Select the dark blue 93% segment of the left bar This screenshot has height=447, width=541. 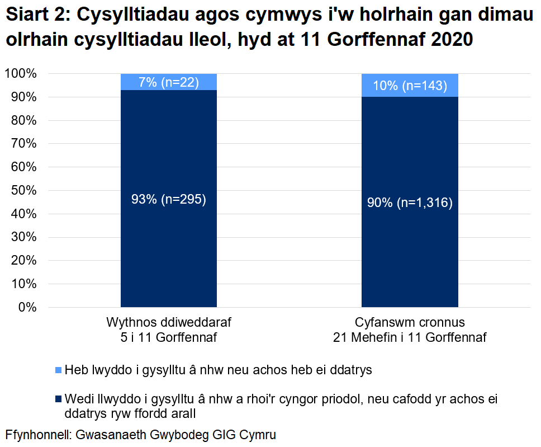point(169,252)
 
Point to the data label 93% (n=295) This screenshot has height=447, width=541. point(169,200)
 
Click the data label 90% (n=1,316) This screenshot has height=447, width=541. point(410,203)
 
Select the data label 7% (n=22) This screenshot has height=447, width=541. point(169,83)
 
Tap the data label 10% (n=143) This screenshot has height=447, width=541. point(410,86)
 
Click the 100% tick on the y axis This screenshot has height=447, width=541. point(21,74)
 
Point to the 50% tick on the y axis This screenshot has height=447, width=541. point(23,191)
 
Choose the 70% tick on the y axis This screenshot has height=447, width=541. point(23,144)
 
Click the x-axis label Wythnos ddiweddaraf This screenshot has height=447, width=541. point(169,323)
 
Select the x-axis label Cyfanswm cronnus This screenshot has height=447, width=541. point(410,323)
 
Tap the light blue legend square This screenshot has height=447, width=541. point(59,370)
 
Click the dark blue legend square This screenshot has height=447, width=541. point(59,399)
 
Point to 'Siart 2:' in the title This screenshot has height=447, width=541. point(36,17)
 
